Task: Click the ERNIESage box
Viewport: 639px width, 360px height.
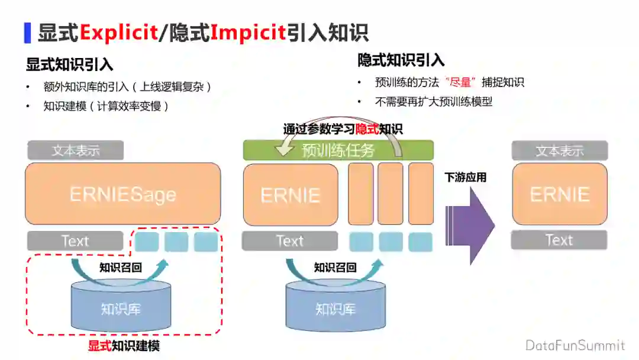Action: (x=122, y=194)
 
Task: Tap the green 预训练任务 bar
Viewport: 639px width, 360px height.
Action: (x=338, y=150)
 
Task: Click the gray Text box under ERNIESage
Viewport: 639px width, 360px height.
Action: (x=75, y=241)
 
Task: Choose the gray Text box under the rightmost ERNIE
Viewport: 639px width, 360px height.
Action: (x=559, y=240)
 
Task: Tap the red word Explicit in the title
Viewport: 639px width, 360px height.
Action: (x=118, y=32)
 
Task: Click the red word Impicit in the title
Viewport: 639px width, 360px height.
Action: (x=248, y=32)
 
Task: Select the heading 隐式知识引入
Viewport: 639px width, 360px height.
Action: (x=401, y=60)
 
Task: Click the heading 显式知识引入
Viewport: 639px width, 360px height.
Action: (x=69, y=65)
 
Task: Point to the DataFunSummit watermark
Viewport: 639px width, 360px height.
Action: (x=575, y=345)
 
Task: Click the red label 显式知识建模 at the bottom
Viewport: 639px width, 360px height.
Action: (x=124, y=346)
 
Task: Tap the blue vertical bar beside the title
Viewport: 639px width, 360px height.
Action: (x=27, y=32)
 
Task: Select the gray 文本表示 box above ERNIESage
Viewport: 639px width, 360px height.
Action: (x=75, y=150)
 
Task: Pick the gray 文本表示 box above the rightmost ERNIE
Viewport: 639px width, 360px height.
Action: (x=559, y=150)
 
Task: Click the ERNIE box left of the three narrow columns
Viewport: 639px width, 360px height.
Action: (x=291, y=195)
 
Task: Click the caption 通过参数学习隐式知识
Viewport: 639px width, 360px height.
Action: (x=343, y=128)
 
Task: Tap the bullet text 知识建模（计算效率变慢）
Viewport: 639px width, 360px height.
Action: (x=106, y=107)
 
